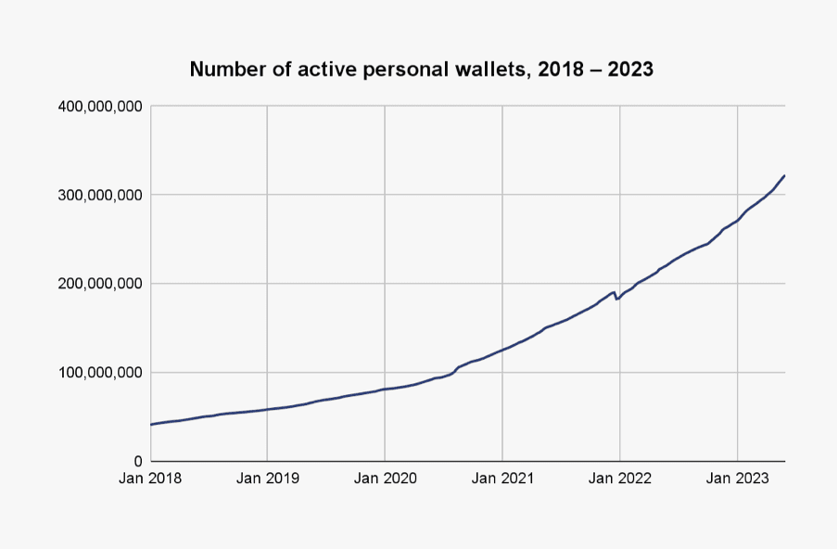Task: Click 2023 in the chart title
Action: point(630,70)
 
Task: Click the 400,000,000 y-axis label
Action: point(99,107)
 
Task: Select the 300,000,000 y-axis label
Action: point(99,195)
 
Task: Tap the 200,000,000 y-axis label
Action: point(99,284)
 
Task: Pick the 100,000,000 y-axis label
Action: point(99,373)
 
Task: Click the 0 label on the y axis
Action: point(137,461)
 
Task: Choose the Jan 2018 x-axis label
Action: point(150,479)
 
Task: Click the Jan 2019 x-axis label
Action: point(267,479)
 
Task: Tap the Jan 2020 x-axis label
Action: point(385,479)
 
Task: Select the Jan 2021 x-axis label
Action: point(502,479)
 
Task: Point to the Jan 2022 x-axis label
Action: point(619,479)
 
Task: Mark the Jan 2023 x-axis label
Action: point(737,479)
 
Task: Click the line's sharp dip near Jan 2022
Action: point(616,299)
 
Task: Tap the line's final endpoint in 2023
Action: point(784,175)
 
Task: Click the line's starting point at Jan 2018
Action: point(151,424)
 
